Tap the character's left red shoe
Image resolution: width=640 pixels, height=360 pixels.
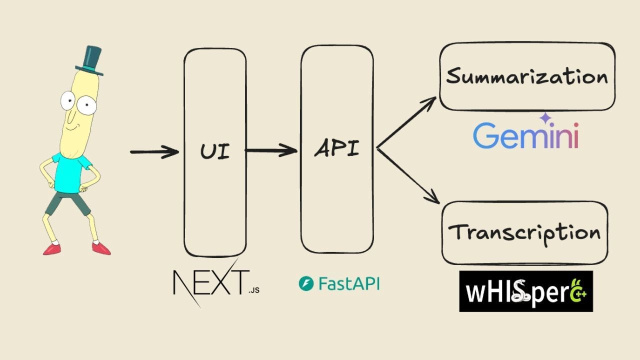51,248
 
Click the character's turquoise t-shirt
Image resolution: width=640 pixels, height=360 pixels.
71,172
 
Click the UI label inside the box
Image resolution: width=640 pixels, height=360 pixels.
215,150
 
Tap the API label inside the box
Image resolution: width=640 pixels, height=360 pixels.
337,148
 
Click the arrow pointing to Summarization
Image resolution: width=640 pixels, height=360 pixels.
407,122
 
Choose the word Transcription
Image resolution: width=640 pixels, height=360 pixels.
524,232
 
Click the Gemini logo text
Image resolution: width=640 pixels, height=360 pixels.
525,136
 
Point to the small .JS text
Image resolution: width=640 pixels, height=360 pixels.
254,289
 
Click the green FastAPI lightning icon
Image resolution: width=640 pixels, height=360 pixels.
305,284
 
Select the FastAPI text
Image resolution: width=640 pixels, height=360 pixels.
348,284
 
